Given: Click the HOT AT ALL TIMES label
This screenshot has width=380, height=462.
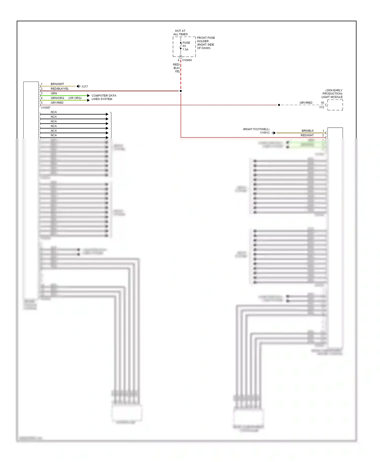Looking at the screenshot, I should coord(180,33).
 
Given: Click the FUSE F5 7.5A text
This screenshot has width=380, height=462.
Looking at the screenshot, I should coord(186,46).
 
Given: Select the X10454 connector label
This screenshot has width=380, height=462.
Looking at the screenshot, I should coord(187,60).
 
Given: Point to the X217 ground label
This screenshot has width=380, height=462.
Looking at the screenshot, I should coord(85,86).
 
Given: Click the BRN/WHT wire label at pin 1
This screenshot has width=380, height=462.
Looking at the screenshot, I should coord(57,84).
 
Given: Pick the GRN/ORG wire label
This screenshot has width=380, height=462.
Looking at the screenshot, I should coord(57,98).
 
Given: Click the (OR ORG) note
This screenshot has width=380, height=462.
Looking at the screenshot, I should coord(75,98).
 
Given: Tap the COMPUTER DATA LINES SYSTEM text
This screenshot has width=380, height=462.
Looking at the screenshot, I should coord(104,97).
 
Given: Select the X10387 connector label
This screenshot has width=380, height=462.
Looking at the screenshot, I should coord(46,108).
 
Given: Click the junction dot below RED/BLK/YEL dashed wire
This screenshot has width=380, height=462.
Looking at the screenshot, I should coord(181,91).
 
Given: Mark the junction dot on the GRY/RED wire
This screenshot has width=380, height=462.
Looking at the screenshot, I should coord(279,105).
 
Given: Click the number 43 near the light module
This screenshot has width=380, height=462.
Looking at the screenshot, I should coord(322,103).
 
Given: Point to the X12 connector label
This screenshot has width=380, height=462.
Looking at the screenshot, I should coord(321,107).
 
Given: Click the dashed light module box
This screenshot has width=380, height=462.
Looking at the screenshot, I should coord(335,105).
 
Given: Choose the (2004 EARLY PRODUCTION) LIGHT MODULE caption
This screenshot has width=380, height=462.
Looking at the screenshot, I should coord(332,94).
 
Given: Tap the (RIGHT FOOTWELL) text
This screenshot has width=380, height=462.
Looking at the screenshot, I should coord(256,129).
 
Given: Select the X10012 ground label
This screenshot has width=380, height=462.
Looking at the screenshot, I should coord(265,133).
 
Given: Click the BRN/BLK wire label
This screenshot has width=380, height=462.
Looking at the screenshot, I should coord(308,131).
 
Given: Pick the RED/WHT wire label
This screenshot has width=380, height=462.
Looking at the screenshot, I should coord(307,135).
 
